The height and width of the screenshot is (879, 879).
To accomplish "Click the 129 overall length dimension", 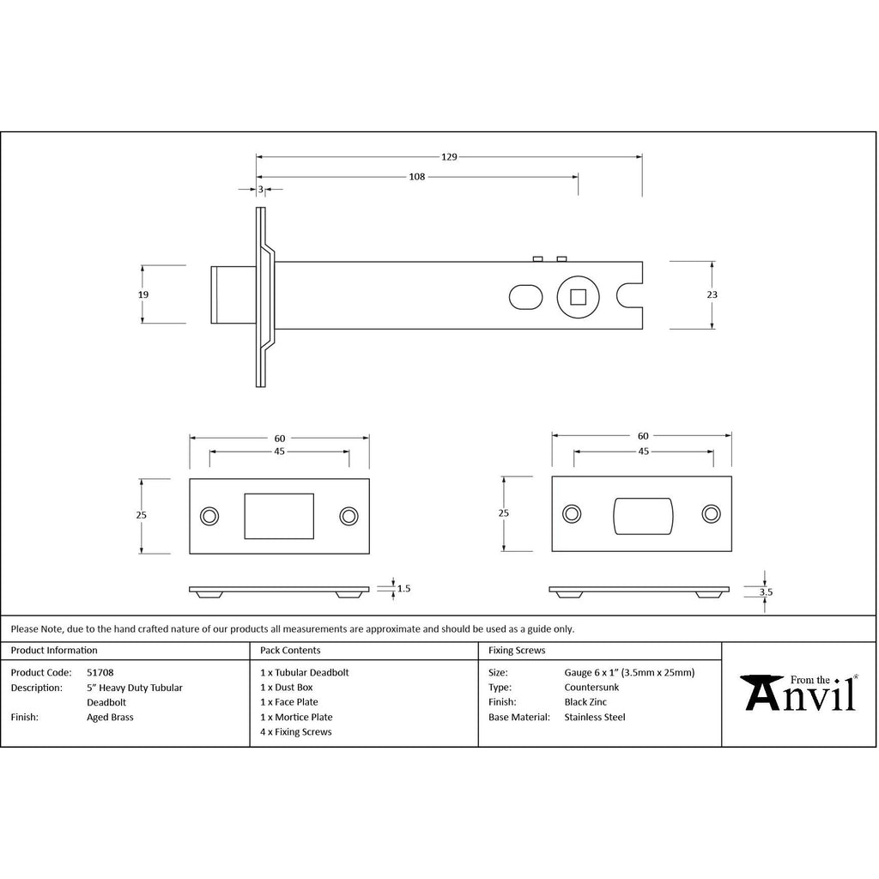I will point(449,157).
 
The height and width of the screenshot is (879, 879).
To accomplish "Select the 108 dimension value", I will point(416,177).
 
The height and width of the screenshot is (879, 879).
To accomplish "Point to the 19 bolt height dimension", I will point(143,294).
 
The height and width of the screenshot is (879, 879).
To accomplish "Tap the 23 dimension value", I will point(712,294).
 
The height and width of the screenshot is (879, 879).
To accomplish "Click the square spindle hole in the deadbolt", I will point(578,297).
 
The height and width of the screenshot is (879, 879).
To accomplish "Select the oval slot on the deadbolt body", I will point(525,297).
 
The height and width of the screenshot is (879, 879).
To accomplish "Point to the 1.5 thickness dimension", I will point(404,589).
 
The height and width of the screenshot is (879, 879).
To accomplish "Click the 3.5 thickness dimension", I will point(767,591).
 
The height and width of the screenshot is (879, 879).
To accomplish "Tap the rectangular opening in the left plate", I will point(279,515).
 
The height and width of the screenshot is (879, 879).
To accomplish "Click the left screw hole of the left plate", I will point(209,516).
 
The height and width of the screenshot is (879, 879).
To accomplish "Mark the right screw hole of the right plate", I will point(711,513).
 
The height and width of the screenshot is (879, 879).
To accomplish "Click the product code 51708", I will point(100,673).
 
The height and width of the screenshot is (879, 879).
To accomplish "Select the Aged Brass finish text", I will point(111,717).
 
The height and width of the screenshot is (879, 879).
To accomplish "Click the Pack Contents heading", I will point(290,651).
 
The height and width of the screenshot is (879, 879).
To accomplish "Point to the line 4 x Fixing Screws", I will point(296,732).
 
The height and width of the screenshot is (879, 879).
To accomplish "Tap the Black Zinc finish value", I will point(585,702).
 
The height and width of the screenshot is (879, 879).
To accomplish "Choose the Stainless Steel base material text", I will point(595,717).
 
